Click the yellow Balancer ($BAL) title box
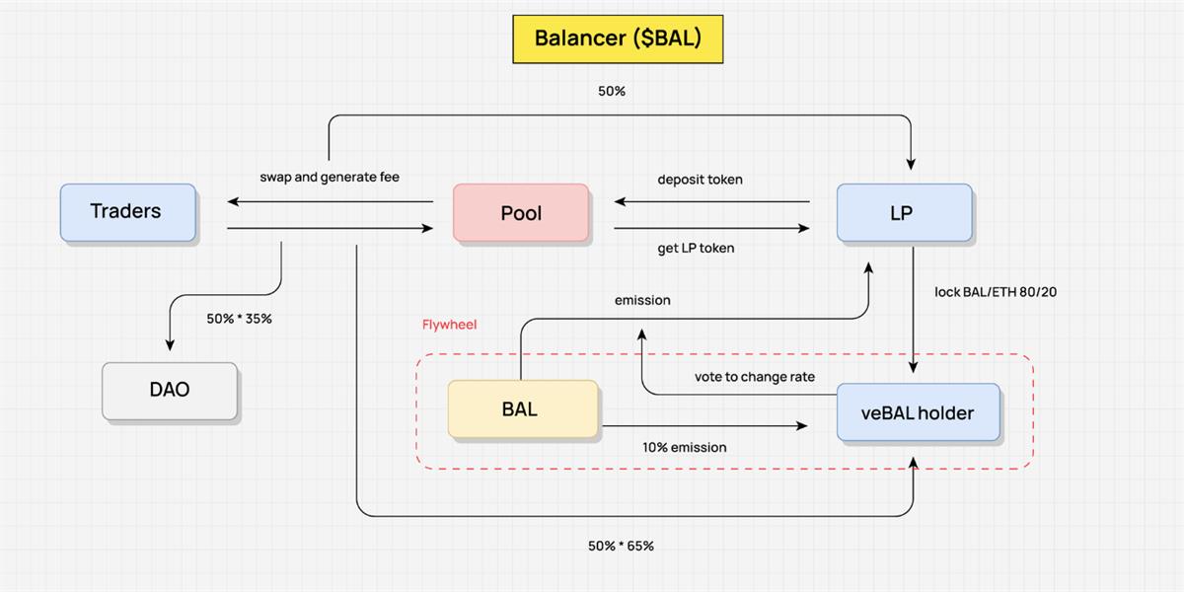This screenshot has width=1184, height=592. (x=617, y=38)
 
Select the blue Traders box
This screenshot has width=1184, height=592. (x=127, y=212)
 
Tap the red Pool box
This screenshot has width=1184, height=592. (x=521, y=213)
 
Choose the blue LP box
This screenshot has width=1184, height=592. (x=904, y=212)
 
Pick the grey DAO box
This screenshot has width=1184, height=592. (x=170, y=391)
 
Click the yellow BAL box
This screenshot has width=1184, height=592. (x=522, y=408)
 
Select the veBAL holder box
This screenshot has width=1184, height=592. (x=917, y=412)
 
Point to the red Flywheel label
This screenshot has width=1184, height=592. (x=450, y=324)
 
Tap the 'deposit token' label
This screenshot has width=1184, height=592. (x=701, y=180)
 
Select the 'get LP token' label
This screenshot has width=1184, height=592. (x=696, y=249)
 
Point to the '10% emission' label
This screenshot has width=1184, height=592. (x=685, y=448)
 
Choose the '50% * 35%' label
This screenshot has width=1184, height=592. (x=239, y=319)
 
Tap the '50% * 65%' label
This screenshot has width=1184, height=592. (x=621, y=546)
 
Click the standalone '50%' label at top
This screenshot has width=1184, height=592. (x=612, y=91)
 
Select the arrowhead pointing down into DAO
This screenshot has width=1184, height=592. (x=170, y=344)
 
